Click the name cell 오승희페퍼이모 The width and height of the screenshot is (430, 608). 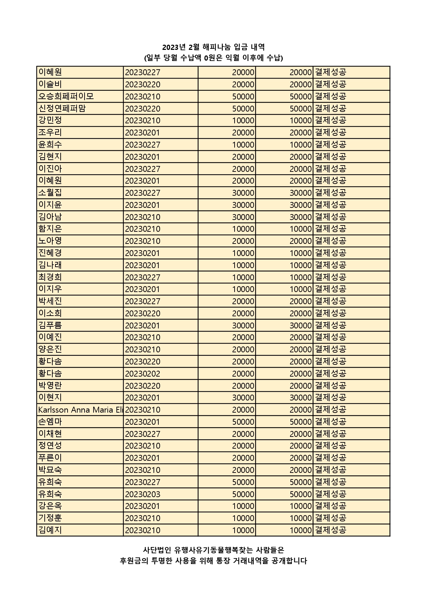(x=66, y=96)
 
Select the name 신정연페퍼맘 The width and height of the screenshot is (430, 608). (x=62, y=108)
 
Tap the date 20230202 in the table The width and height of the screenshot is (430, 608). (x=142, y=373)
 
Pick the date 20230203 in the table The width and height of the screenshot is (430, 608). (x=142, y=494)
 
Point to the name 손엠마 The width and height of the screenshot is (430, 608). (x=50, y=422)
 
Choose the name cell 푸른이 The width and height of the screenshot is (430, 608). (x=50, y=458)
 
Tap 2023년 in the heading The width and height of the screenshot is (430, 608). (x=175, y=47)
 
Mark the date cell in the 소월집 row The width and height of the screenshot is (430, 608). (x=142, y=193)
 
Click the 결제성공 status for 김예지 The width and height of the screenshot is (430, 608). (x=330, y=530)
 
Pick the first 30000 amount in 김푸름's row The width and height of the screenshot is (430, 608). (x=243, y=325)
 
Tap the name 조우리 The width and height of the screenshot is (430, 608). (x=50, y=132)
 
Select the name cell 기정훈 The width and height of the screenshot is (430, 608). (x=50, y=518)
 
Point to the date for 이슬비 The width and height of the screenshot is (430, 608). (x=142, y=85)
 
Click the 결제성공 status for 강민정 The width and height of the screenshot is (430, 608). (x=330, y=121)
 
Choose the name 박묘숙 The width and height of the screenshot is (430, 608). (x=50, y=470)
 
